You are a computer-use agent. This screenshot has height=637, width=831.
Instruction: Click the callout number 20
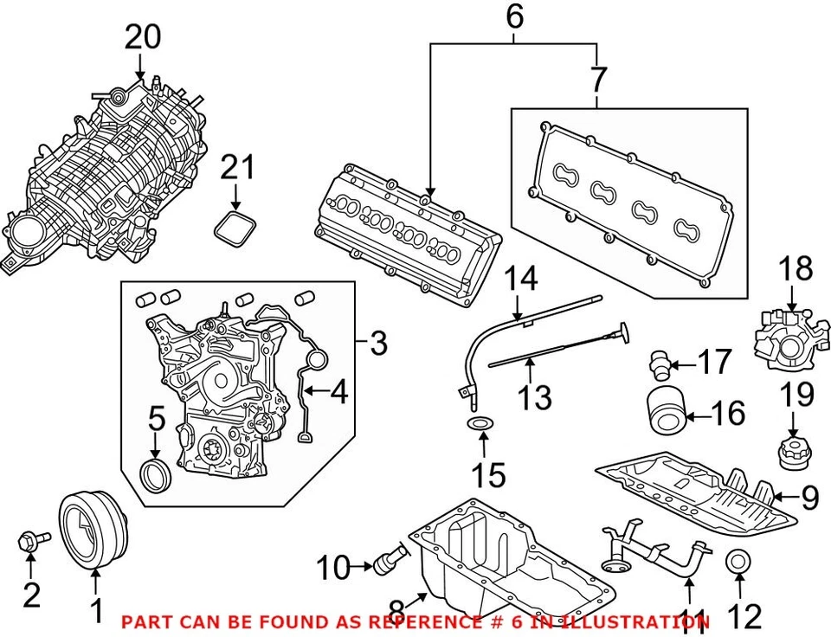(x=143, y=37)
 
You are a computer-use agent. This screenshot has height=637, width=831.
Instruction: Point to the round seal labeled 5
(x=157, y=475)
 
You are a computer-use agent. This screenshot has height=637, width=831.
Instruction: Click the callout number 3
(x=377, y=344)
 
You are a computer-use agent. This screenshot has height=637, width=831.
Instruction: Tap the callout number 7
(x=597, y=80)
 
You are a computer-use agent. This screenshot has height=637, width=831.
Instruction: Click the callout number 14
(x=521, y=280)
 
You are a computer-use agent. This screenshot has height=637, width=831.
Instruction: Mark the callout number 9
(x=809, y=496)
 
